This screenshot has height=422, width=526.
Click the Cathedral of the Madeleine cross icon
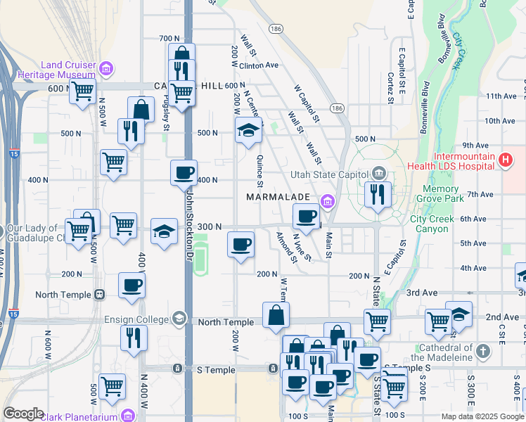click(x=482, y=350)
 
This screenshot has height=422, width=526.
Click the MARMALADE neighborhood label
click(x=279, y=198)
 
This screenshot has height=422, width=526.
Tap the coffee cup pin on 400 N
click(x=184, y=172)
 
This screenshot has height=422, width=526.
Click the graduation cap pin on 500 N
click(x=248, y=130)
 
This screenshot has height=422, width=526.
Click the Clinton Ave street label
click(x=259, y=65)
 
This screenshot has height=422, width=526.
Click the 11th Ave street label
click(x=501, y=96)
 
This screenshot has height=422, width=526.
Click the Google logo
click(x=24, y=414)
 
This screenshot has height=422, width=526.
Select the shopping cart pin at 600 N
click(x=82, y=90)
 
